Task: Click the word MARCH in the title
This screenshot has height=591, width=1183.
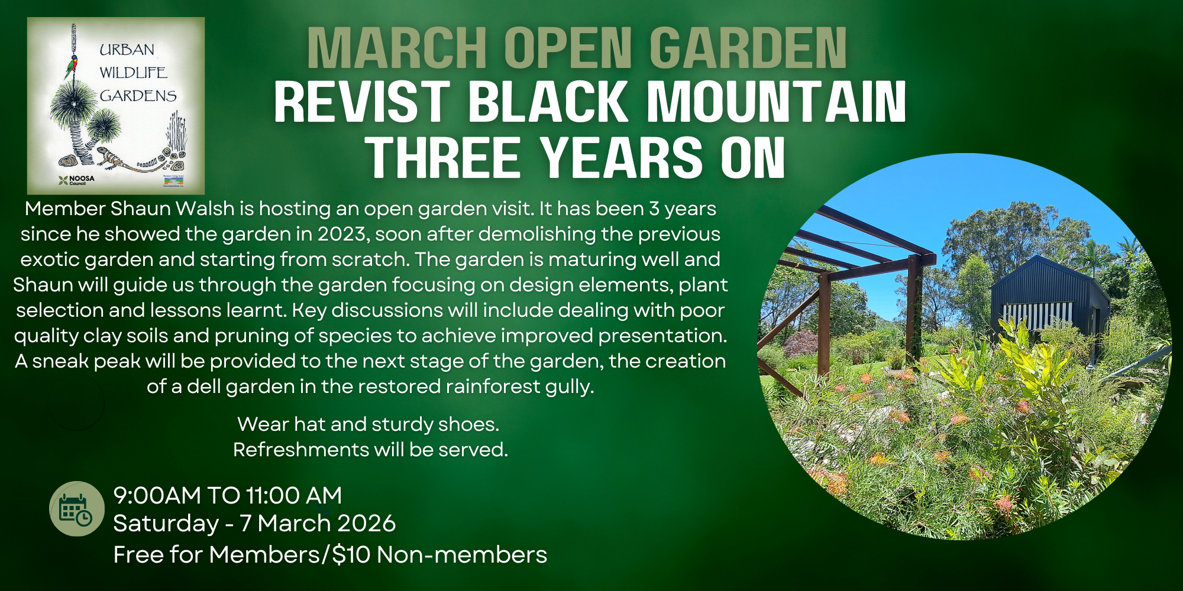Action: pyautogui.click(x=396, y=48)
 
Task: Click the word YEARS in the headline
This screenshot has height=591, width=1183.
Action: pyautogui.click(x=622, y=157)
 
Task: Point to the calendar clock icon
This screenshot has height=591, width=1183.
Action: pyautogui.click(x=77, y=509)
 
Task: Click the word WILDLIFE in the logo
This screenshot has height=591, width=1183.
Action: pyautogui.click(x=133, y=73)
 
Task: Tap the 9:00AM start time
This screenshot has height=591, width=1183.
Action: pyautogui.click(x=157, y=496)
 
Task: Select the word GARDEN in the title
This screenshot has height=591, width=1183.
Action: pyautogui.click(x=748, y=48)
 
